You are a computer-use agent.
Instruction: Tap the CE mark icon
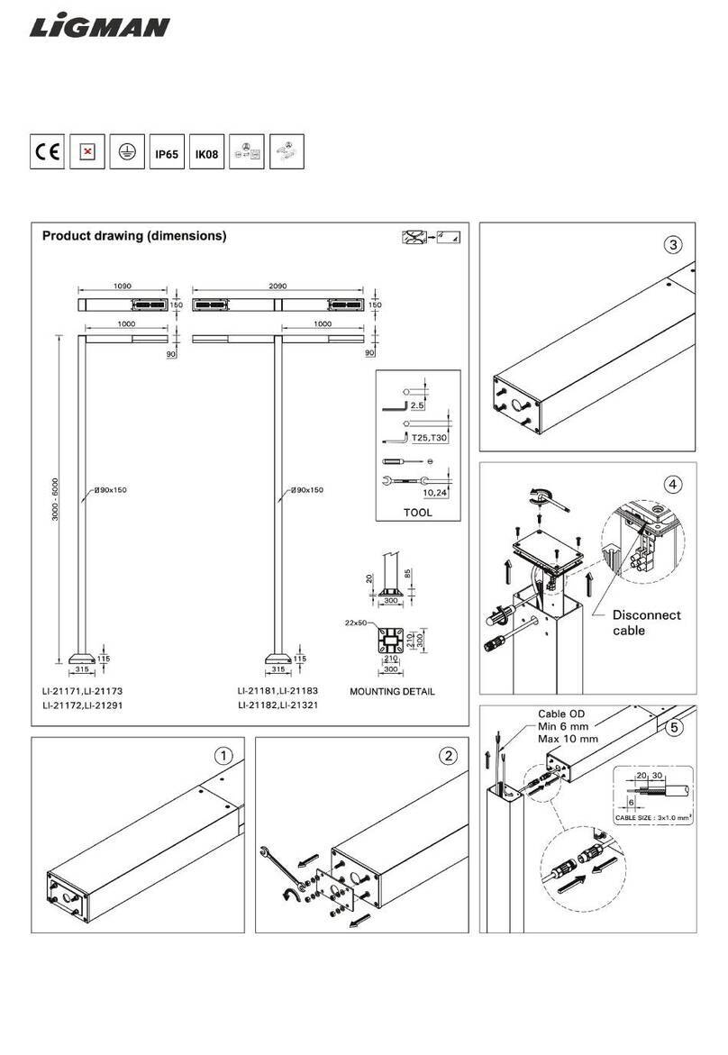pyautogui.click(x=47, y=153)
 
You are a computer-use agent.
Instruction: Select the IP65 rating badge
pyautogui.click(x=167, y=154)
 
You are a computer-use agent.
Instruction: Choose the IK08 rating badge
pyautogui.click(x=207, y=154)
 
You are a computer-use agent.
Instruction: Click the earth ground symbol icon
pyautogui.click(x=127, y=153)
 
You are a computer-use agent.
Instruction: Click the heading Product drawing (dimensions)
pyautogui.click(x=134, y=236)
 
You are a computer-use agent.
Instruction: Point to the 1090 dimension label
pyautogui.click(x=122, y=285)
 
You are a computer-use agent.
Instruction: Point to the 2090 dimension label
pyautogui.click(x=278, y=285)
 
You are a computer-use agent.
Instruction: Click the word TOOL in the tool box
pyautogui.click(x=417, y=513)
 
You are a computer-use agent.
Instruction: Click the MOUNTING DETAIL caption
pyautogui.click(x=391, y=692)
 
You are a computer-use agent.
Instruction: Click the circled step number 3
pyautogui.click(x=673, y=244)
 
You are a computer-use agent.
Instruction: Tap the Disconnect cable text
pyautogui.click(x=646, y=623)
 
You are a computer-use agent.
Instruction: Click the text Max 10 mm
pyautogui.click(x=568, y=739)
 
